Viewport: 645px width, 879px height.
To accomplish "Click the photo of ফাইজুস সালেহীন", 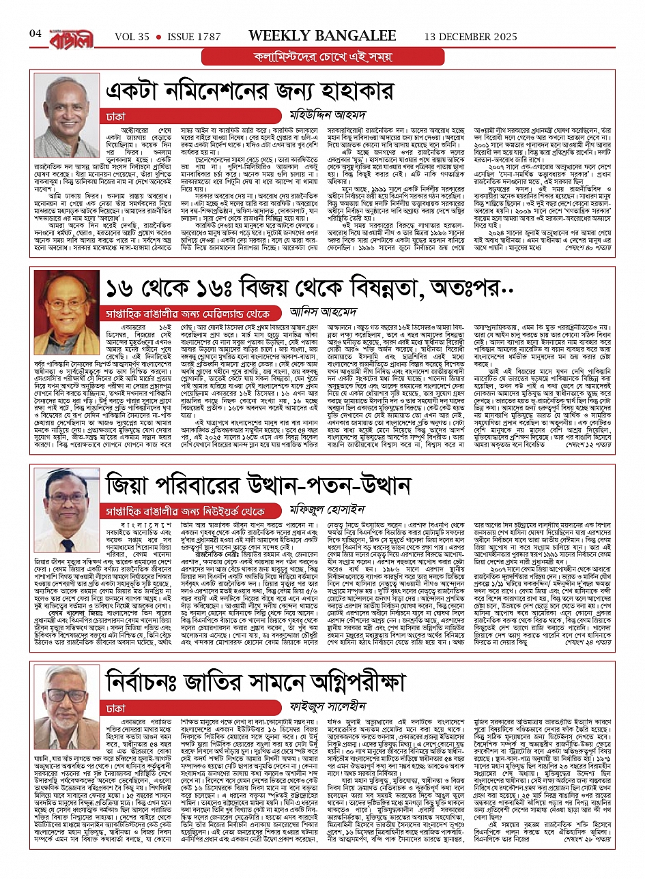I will [x=65, y=696].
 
